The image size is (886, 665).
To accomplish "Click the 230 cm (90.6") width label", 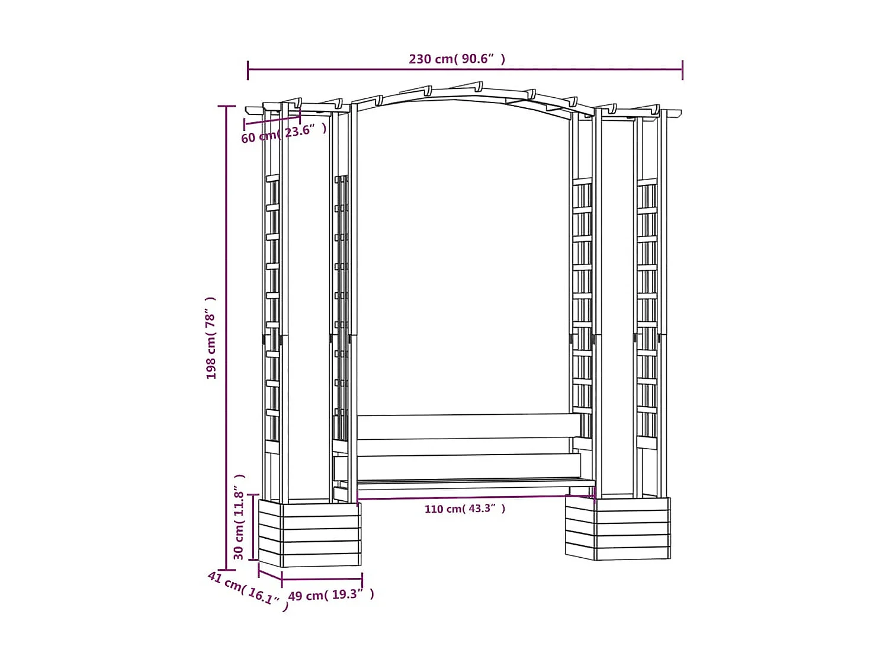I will [x=457, y=59].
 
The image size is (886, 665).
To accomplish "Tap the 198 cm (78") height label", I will [x=211, y=338].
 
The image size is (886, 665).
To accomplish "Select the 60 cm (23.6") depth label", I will [x=283, y=133].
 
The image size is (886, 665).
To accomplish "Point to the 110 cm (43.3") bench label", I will [x=464, y=509].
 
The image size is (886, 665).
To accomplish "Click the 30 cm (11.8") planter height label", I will [x=239, y=516].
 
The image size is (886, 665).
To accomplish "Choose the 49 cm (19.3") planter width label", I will [x=330, y=594].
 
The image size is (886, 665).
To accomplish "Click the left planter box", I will [x=309, y=533].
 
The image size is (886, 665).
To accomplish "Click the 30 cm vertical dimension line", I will [x=253, y=526].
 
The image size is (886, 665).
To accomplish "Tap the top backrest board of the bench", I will [x=468, y=426].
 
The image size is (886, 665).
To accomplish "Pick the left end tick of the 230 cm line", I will [x=248, y=69].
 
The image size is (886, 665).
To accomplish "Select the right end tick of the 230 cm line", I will [x=682, y=69].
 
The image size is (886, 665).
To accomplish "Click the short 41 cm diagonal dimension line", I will [x=270, y=572].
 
